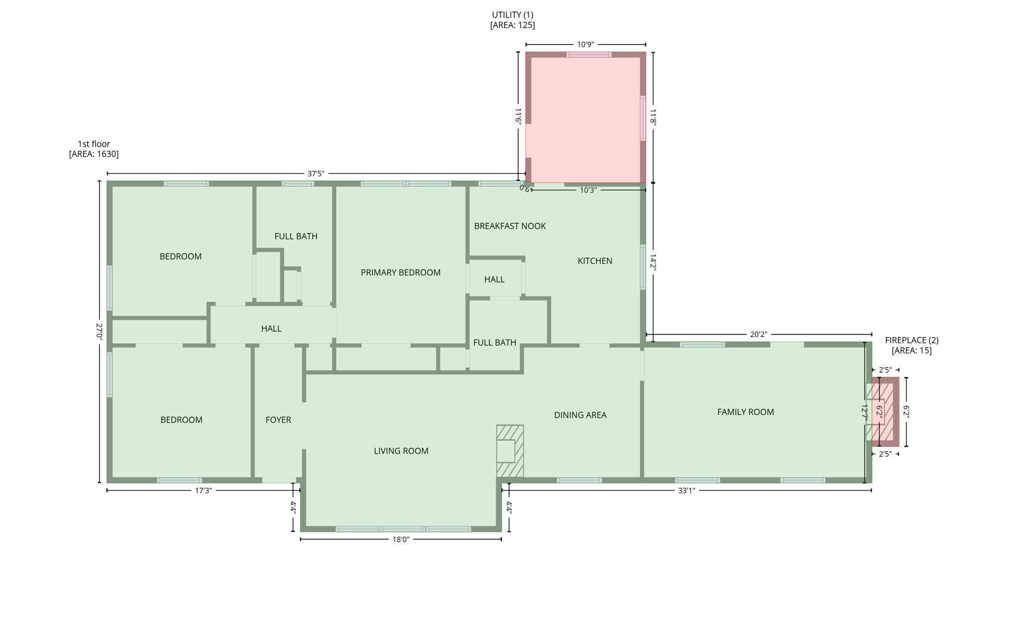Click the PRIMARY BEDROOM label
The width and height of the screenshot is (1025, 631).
400,272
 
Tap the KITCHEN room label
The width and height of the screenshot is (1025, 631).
595,261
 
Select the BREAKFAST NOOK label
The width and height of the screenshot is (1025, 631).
509,226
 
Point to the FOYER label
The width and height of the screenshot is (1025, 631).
278,420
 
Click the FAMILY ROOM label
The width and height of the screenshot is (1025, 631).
745,412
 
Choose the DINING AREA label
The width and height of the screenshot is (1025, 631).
580,415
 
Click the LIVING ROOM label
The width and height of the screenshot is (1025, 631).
401,451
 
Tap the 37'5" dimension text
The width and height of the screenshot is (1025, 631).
315,174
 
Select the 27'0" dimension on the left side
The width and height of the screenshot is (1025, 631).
99,332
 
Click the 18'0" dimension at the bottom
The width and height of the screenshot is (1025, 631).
400,539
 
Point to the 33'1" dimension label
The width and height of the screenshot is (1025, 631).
686,491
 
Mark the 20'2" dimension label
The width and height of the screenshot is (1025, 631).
758,335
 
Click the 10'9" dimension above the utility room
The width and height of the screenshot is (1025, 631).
585,45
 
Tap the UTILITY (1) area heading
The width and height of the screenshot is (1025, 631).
512,15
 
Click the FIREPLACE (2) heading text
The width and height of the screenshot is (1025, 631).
911,341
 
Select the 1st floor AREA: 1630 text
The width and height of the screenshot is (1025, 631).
94,149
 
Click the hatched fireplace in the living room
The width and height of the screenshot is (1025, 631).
510,451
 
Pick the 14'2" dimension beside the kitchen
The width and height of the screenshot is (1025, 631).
653,262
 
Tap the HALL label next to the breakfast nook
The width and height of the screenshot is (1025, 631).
494,279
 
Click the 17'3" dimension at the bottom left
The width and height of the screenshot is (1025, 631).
203,491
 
